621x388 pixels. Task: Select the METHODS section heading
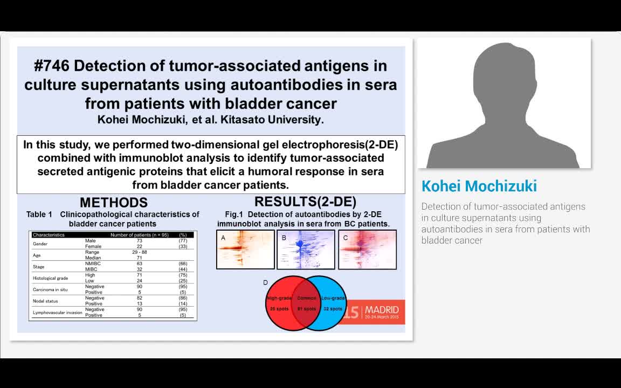[113, 203]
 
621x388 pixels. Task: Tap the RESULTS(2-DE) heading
[305, 202]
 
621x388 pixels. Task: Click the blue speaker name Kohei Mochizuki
[479, 186]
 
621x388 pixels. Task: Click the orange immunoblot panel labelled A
[245, 250]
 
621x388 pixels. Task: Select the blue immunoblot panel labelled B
[306, 250]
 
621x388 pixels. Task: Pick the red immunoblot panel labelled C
[367, 250]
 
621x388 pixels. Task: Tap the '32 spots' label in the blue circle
[333, 309]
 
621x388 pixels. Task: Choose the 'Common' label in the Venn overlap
[307, 298]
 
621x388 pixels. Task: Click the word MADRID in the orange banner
[382, 310]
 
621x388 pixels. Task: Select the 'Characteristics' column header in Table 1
[49, 235]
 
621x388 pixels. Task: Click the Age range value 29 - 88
[139, 252]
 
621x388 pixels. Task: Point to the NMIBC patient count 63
[139, 264]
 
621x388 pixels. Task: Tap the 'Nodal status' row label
[45, 301]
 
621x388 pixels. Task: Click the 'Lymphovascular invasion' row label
[57, 312]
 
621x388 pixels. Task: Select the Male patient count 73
[139, 241]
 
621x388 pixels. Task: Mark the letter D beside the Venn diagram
[265, 282]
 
